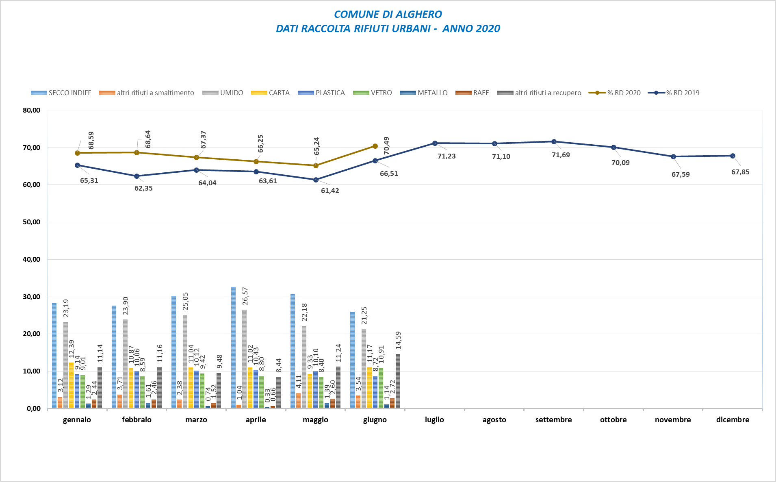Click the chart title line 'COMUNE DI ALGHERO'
click(388, 14)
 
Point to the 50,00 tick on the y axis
click(31, 222)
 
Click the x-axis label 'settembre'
click(553, 420)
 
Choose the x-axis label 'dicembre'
click(733, 420)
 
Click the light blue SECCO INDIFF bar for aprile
click(233, 347)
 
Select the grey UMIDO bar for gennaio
click(65, 365)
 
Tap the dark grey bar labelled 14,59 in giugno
click(398, 381)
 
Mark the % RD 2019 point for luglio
click(435, 143)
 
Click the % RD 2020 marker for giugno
click(375, 146)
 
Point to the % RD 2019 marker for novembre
click(673, 156)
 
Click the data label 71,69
click(561, 155)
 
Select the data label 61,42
click(330, 191)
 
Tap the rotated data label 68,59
click(91, 140)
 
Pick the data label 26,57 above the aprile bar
click(245, 296)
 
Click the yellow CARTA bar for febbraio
click(131, 388)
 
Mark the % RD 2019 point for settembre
click(554, 141)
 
